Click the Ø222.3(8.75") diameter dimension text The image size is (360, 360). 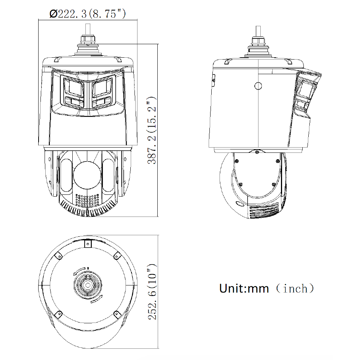point(88,14)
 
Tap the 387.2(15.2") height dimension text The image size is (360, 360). point(152,130)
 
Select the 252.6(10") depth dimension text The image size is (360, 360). point(152,291)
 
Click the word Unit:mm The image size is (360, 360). point(244,288)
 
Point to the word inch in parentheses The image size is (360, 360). point(295,288)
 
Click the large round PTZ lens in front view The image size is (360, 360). point(87,175)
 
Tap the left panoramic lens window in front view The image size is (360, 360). point(73,88)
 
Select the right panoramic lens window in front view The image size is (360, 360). point(102,87)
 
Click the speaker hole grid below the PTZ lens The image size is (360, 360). point(87,200)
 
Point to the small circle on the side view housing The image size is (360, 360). point(258,86)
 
